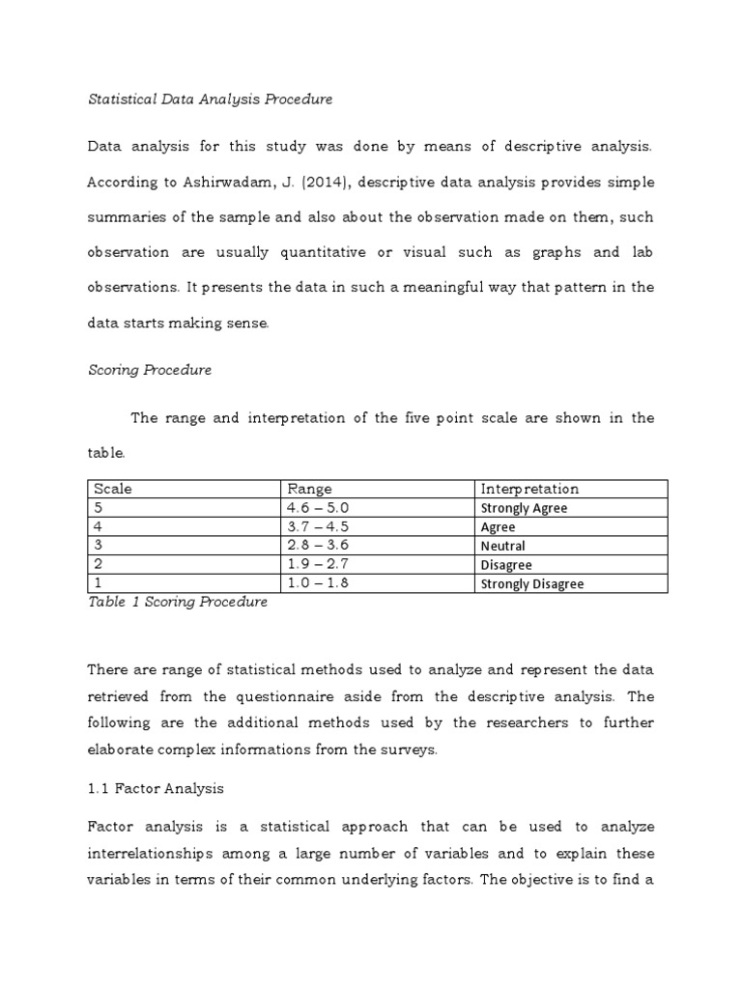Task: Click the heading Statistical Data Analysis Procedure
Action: [x=210, y=99]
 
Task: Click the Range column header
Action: [x=308, y=489]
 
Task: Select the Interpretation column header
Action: [x=529, y=489]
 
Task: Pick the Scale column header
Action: [x=113, y=489]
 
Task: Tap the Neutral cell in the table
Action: [x=502, y=546]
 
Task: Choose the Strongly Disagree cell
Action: [x=531, y=583]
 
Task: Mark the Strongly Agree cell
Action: [x=524, y=508]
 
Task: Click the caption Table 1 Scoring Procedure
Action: [x=178, y=602]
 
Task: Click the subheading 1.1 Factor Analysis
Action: [x=156, y=788]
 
